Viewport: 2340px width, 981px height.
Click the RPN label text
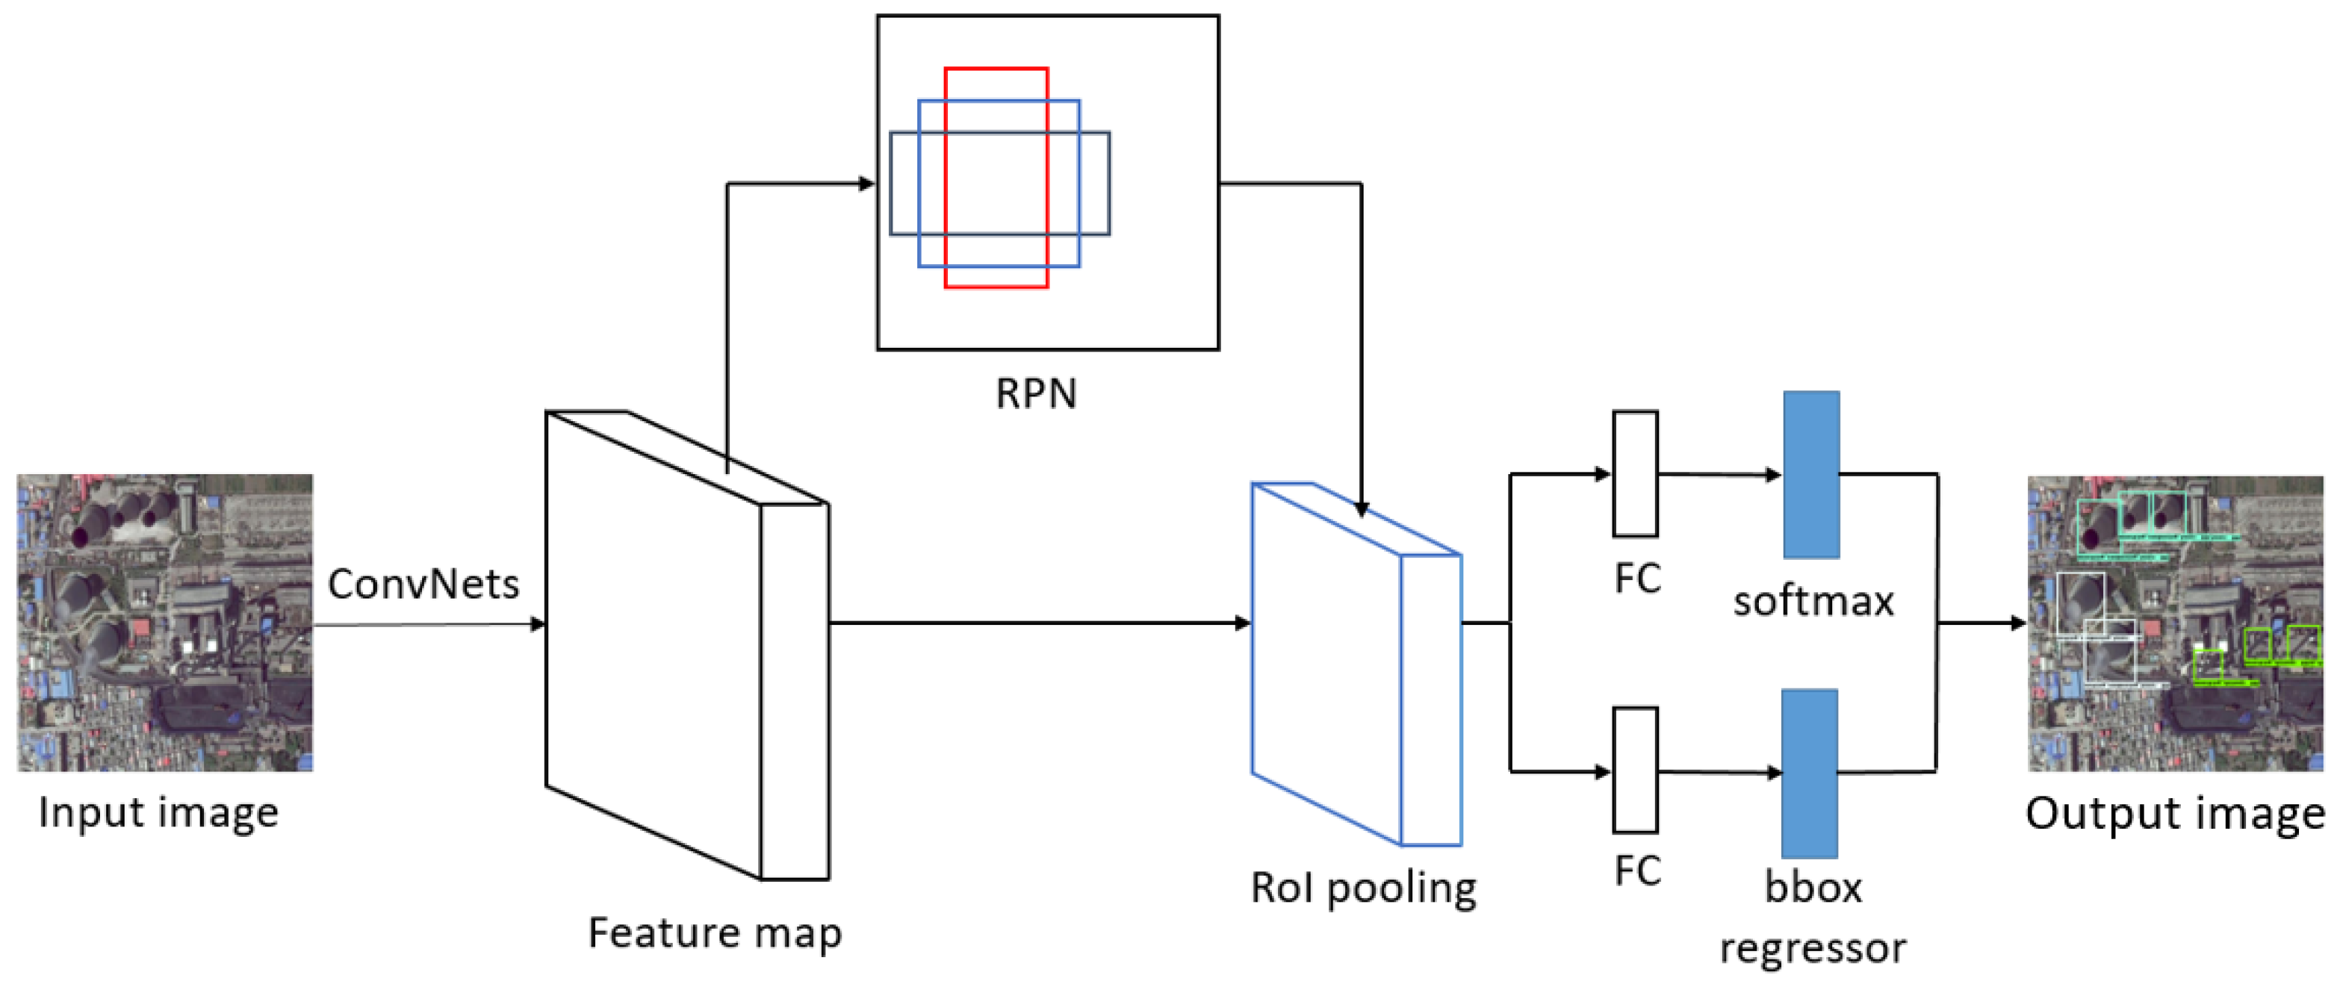(x=1035, y=393)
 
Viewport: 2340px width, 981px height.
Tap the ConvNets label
(x=423, y=583)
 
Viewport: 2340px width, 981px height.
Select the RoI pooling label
(x=1362, y=888)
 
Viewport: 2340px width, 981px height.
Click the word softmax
(x=1813, y=601)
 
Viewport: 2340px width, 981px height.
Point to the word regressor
(x=1813, y=947)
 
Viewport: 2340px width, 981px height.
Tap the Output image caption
(x=2173, y=813)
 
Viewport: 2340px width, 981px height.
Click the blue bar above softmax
(x=1811, y=474)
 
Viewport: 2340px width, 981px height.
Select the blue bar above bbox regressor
(x=1810, y=773)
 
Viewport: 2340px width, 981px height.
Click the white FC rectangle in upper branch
(x=1635, y=473)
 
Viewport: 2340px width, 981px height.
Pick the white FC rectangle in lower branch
(x=1635, y=770)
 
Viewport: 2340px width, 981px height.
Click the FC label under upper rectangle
(x=1637, y=579)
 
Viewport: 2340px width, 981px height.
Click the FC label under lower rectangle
(x=1637, y=871)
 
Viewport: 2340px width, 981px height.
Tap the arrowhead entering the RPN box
(x=866, y=184)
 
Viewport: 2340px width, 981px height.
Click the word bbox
(x=1813, y=888)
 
